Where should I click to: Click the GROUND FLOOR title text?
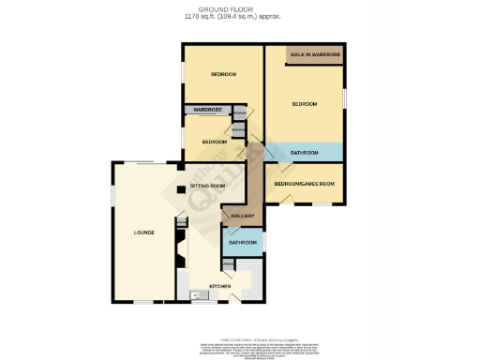(239, 9)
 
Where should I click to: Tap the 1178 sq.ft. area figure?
(239, 17)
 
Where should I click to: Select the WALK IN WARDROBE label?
(313, 56)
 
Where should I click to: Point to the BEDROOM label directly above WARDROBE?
(222, 74)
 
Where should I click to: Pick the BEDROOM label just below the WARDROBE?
(214, 142)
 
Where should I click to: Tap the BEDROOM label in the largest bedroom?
(304, 103)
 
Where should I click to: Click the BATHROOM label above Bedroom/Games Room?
(304, 152)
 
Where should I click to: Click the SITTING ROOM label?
(207, 187)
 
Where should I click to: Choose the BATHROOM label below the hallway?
(243, 242)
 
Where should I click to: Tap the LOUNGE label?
(143, 232)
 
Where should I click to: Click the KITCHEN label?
(220, 286)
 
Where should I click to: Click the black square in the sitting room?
(180, 190)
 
